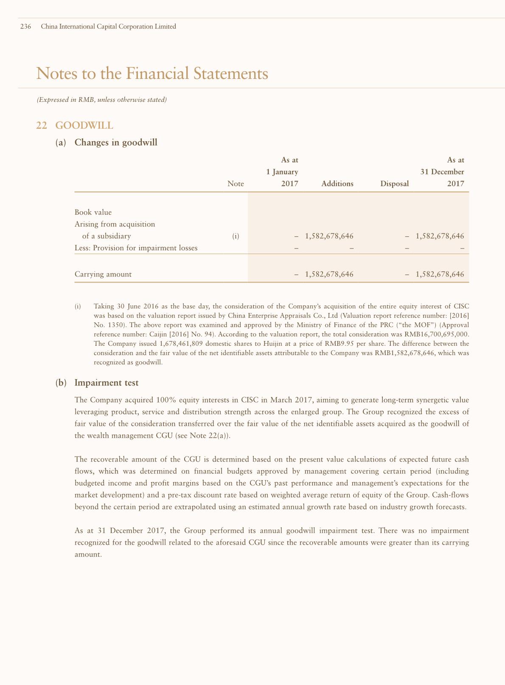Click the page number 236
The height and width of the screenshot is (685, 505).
(x=25, y=26)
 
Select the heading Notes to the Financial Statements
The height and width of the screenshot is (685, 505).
(x=152, y=73)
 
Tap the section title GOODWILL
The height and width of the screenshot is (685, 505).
(x=84, y=126)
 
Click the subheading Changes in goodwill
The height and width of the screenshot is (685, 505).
(x=116, y=143)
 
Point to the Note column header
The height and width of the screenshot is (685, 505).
(x=236, y=184)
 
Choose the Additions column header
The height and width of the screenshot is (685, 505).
(x=337, y=184)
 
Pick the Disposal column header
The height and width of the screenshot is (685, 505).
(x=395, y=184)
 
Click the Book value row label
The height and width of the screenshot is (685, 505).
(x=93, y=212)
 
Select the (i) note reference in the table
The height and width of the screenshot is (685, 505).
(x=236, y=236)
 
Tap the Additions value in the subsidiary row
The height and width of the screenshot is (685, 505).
(x=329, y=236)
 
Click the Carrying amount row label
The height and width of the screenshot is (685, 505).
(x=103, y=274)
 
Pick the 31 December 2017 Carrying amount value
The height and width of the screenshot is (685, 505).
(x=440, y=274)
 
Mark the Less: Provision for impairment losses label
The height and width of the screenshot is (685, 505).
(x=136, y=248)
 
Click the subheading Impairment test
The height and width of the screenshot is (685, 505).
(x=106, y=383)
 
